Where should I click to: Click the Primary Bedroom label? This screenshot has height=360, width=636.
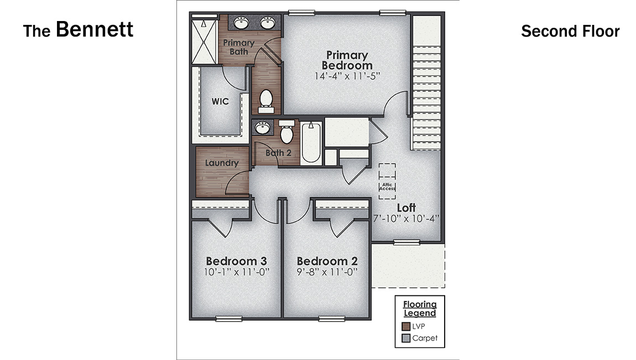(347, 60)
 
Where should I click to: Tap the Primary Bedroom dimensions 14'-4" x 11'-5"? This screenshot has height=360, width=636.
(347, 75)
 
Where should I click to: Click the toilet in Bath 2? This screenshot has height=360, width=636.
(286, 133)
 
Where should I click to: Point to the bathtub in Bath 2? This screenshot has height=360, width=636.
(311, 142)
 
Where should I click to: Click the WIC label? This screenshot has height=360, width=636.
(220, 102)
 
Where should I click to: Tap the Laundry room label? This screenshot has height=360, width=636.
(221, 163)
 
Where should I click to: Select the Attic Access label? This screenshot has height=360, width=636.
(387, 187)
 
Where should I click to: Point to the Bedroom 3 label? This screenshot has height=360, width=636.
(236, 261)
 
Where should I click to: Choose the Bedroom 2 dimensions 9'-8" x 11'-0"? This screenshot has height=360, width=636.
(327, 272)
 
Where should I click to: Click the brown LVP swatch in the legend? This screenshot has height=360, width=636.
(406, 326)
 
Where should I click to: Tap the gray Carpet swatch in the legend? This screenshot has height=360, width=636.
(406, 338)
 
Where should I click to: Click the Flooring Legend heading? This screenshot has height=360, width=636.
(419, 309)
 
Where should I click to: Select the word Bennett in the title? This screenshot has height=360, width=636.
(95, 29)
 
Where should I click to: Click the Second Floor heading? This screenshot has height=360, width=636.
(570, 32)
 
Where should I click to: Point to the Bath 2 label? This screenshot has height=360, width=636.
(278, 153)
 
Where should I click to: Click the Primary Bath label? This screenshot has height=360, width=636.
(239, 47)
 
